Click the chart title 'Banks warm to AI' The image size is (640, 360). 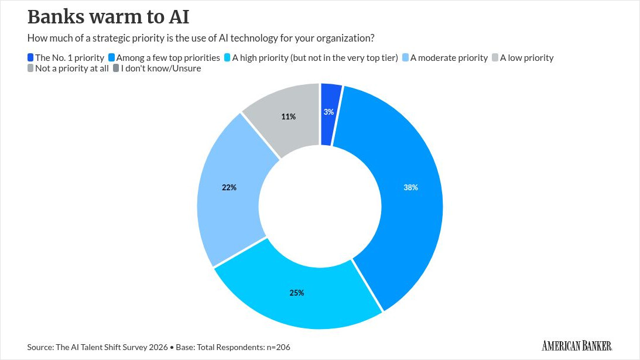(108, 17)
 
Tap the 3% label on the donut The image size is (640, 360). (328, 112)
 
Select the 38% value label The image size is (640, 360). (410, 187)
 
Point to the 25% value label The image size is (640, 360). (297, 293)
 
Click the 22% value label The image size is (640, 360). (229, 187)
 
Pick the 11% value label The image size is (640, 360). (288, 116)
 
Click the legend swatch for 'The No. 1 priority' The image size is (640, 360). (30, 57)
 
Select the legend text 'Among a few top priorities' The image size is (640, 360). (168, 58)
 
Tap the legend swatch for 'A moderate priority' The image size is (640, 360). (405, 57)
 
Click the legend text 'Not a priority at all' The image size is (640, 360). (72, 68)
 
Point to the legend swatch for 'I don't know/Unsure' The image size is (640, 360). (116, 68)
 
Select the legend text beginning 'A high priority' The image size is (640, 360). (314, 58)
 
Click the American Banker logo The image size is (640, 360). (577, 346)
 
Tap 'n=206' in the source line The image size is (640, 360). (278, 347)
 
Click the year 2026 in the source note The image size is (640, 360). (158, 347)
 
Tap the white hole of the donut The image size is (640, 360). (320, 206)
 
